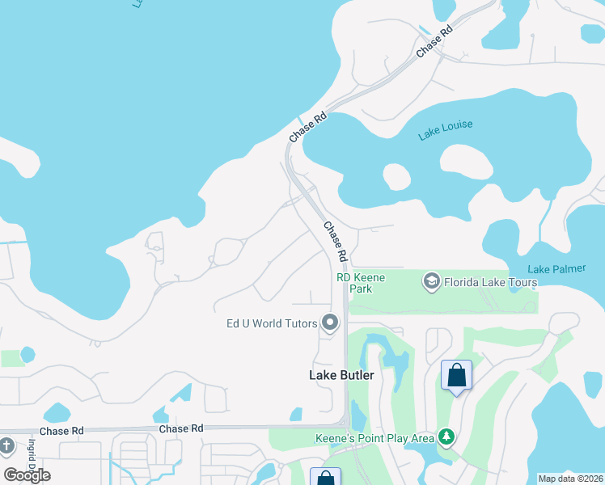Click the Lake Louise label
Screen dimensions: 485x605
(x=445, y=130)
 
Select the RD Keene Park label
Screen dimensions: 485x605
(x=361, y=283)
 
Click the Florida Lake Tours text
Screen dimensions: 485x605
(x=490, y=282)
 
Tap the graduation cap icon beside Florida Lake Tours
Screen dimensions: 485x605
(x=431, y=281)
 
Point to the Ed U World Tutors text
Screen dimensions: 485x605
(x=272, y=323)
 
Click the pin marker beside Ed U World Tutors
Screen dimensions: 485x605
(x=330, y=323)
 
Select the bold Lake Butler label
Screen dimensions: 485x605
(x=341, y=375)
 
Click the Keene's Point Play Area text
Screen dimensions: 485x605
(x=373, y=438)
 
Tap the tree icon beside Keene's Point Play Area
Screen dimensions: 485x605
(x=446, y=437)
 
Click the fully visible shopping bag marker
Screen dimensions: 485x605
(x=456, y=375)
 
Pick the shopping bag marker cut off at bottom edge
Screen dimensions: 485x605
(x=325, y=478)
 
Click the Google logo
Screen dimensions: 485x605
(x=27, y=475)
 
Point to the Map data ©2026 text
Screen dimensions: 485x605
(x=569, y=479)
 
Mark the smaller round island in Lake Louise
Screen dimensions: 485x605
(x=397, y=175)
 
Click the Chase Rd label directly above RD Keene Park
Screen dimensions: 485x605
(x=335, y=242)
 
